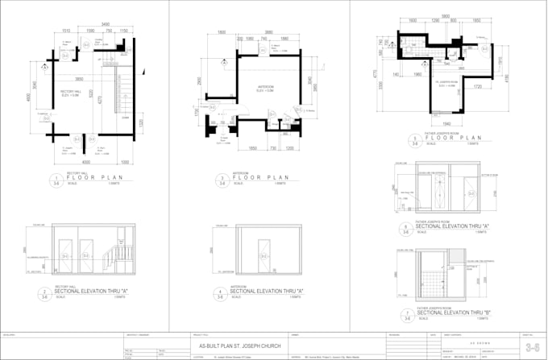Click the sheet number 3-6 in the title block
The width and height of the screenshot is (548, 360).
click(x=531, y=348)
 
